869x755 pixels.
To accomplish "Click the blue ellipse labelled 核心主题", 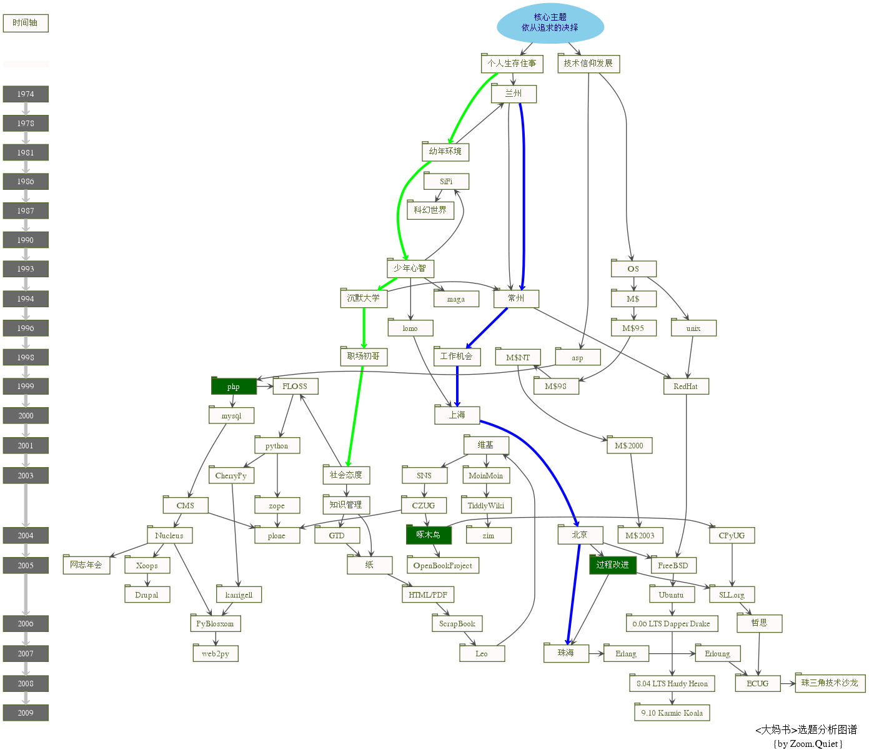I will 550,23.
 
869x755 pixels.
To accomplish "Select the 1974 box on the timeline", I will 26,94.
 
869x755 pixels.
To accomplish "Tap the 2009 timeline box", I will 26,713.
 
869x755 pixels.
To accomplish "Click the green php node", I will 234,387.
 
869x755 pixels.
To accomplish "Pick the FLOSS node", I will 295,387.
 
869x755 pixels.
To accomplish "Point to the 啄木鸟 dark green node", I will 429,535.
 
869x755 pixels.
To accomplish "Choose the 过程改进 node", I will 612,565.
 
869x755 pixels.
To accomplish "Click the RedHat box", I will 686,387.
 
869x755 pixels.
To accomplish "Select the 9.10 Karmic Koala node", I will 672,713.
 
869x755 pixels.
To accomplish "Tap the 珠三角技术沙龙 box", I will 830,683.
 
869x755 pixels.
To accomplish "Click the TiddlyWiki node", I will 486,506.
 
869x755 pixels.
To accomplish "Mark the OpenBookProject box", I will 442,566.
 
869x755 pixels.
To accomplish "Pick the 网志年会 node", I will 86,565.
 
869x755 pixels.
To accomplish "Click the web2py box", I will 216,654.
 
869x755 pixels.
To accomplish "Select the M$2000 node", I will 629,446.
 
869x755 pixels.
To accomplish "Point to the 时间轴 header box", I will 26,23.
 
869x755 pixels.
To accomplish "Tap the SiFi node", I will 446,182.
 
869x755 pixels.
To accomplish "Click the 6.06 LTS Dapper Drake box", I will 672,624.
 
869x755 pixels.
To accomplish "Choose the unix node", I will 693,328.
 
